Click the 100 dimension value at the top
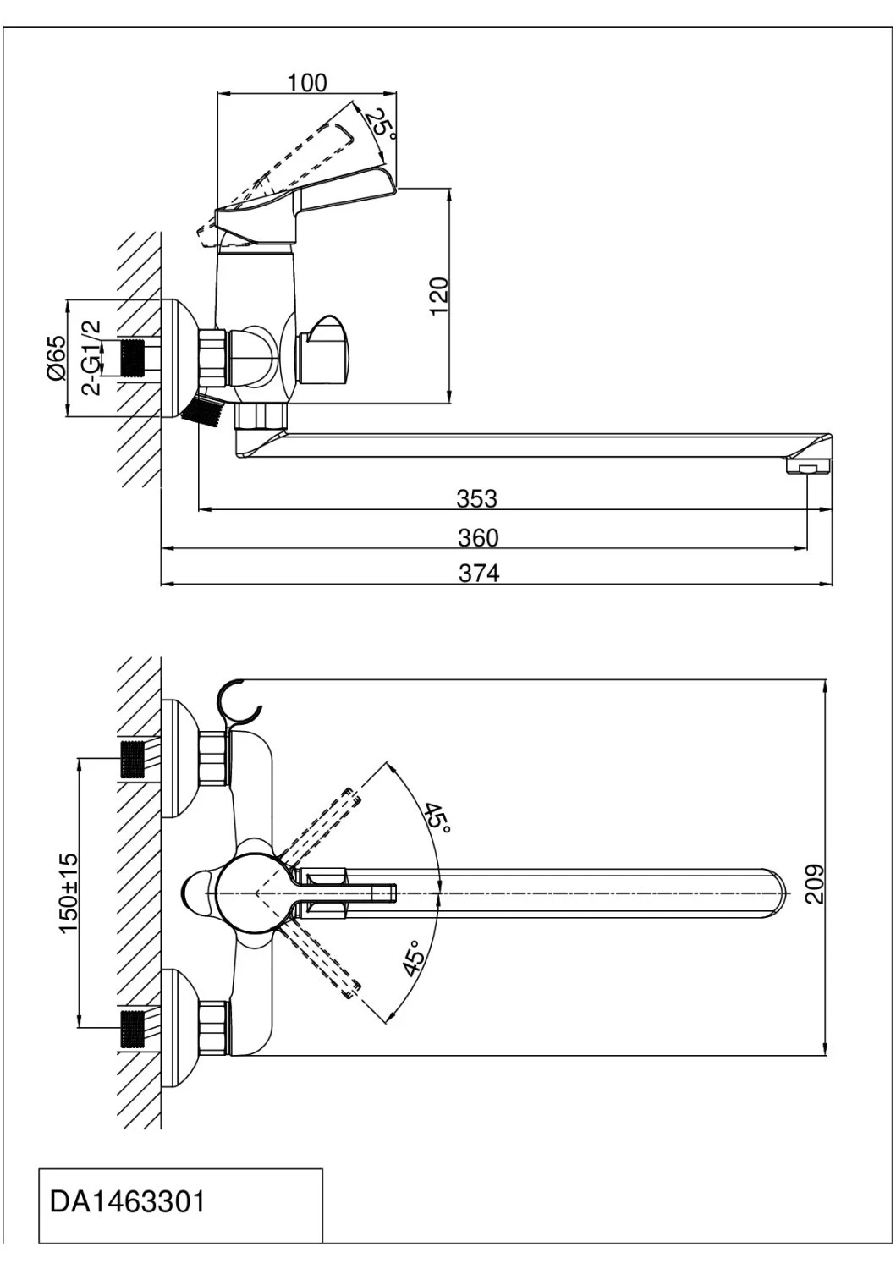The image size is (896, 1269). (306, 82)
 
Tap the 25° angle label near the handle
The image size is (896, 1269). (381, 124)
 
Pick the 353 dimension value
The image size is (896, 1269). (477, 498)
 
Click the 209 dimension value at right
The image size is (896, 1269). (814, 884)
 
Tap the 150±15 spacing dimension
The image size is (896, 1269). (68, 893)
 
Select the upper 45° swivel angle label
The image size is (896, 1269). (437, 818)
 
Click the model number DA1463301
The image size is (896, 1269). (128, 1201)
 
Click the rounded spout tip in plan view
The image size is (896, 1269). (778, 893)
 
